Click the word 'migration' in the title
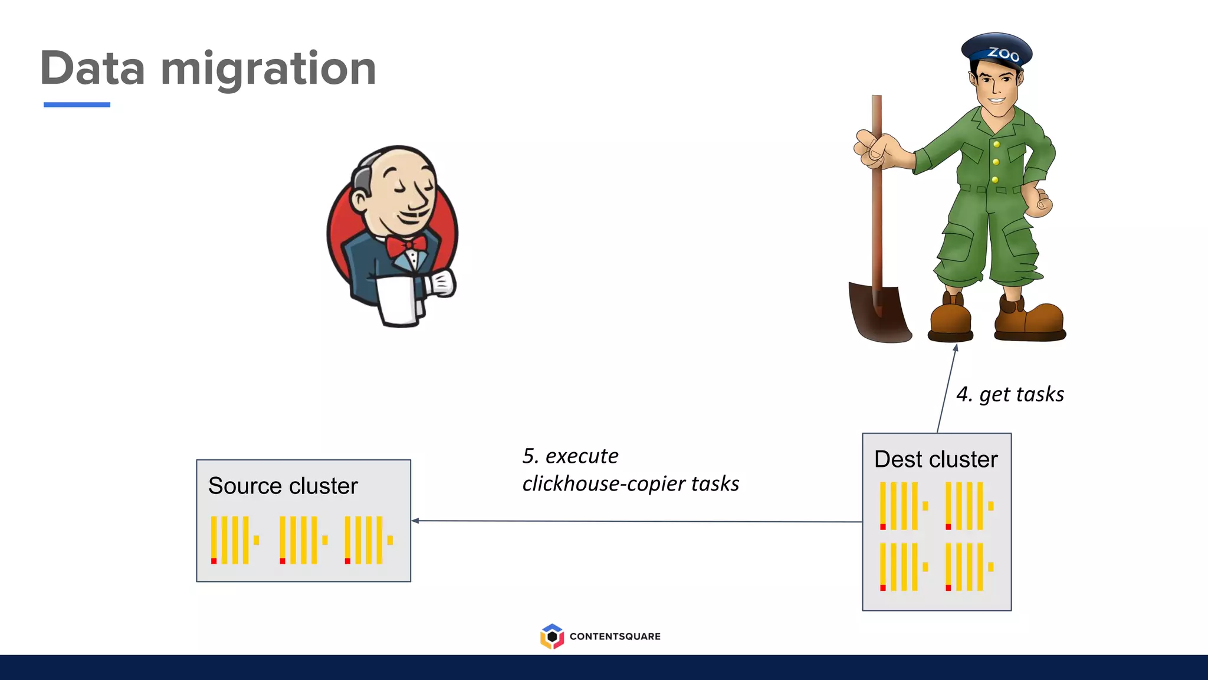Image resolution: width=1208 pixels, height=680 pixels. (x=268, y=70)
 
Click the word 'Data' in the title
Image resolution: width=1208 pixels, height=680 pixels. (x=93, y=68)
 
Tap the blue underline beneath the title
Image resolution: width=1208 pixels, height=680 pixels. (x=77, y=104)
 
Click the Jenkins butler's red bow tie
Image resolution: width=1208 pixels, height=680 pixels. (x=406, y=245)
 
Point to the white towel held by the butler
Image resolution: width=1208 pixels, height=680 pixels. (x=396, y=300)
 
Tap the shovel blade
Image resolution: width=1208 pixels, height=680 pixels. (x=879, y=313)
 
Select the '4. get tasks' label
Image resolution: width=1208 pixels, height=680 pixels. (x=1010, y=394)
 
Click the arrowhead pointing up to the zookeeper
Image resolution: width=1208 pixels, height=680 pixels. (x=956, y=348)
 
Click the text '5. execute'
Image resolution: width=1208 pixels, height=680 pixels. (x=570, y=456)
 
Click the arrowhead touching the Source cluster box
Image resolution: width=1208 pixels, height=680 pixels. (x=415, y=521)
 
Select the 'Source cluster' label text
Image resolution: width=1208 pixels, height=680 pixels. (x=283, y=486)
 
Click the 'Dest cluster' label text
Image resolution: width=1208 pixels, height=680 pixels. (x=935, y=459)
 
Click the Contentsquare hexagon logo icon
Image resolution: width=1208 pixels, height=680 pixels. (x=552, y=636)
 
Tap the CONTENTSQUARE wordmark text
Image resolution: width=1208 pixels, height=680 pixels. (x=615, y=636)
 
